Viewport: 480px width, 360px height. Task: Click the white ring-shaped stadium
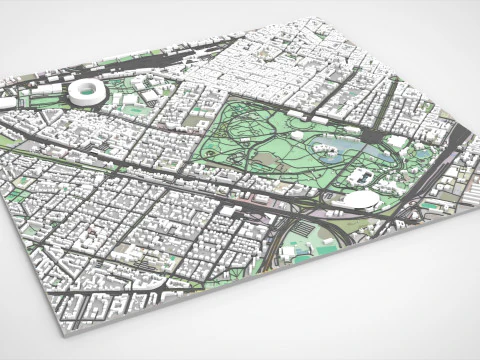tap(86, 92)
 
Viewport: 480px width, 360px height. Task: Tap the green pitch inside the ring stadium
tap(86, 91)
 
